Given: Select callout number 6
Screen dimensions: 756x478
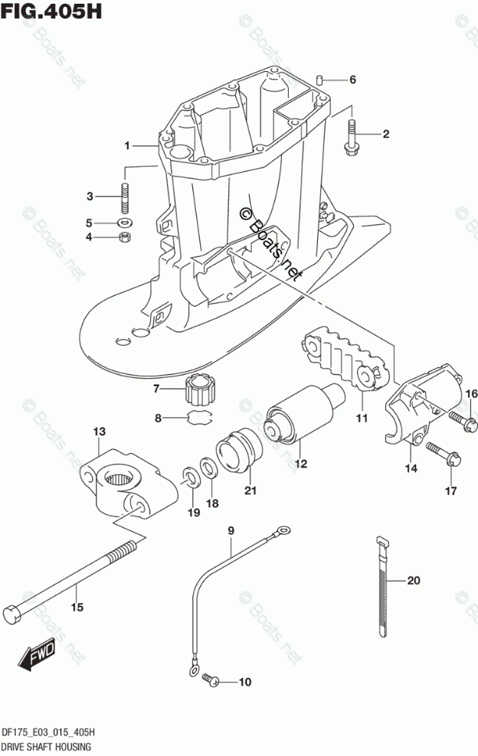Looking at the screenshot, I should coord(352,80).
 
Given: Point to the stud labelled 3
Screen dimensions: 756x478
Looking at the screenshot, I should coord(123,197).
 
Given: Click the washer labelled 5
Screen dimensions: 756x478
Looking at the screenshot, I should coord(123,223).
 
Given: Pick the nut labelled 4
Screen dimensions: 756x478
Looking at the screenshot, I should coord(123,238).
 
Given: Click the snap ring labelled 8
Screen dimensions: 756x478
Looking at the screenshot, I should coord(199,418).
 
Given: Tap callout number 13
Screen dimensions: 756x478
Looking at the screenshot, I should coord(100,433).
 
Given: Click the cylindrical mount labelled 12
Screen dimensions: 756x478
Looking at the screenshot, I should coord(301,420).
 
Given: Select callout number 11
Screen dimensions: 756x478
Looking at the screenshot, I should coord(361,418).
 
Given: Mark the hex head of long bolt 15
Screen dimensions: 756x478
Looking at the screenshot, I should coord(12,614).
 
